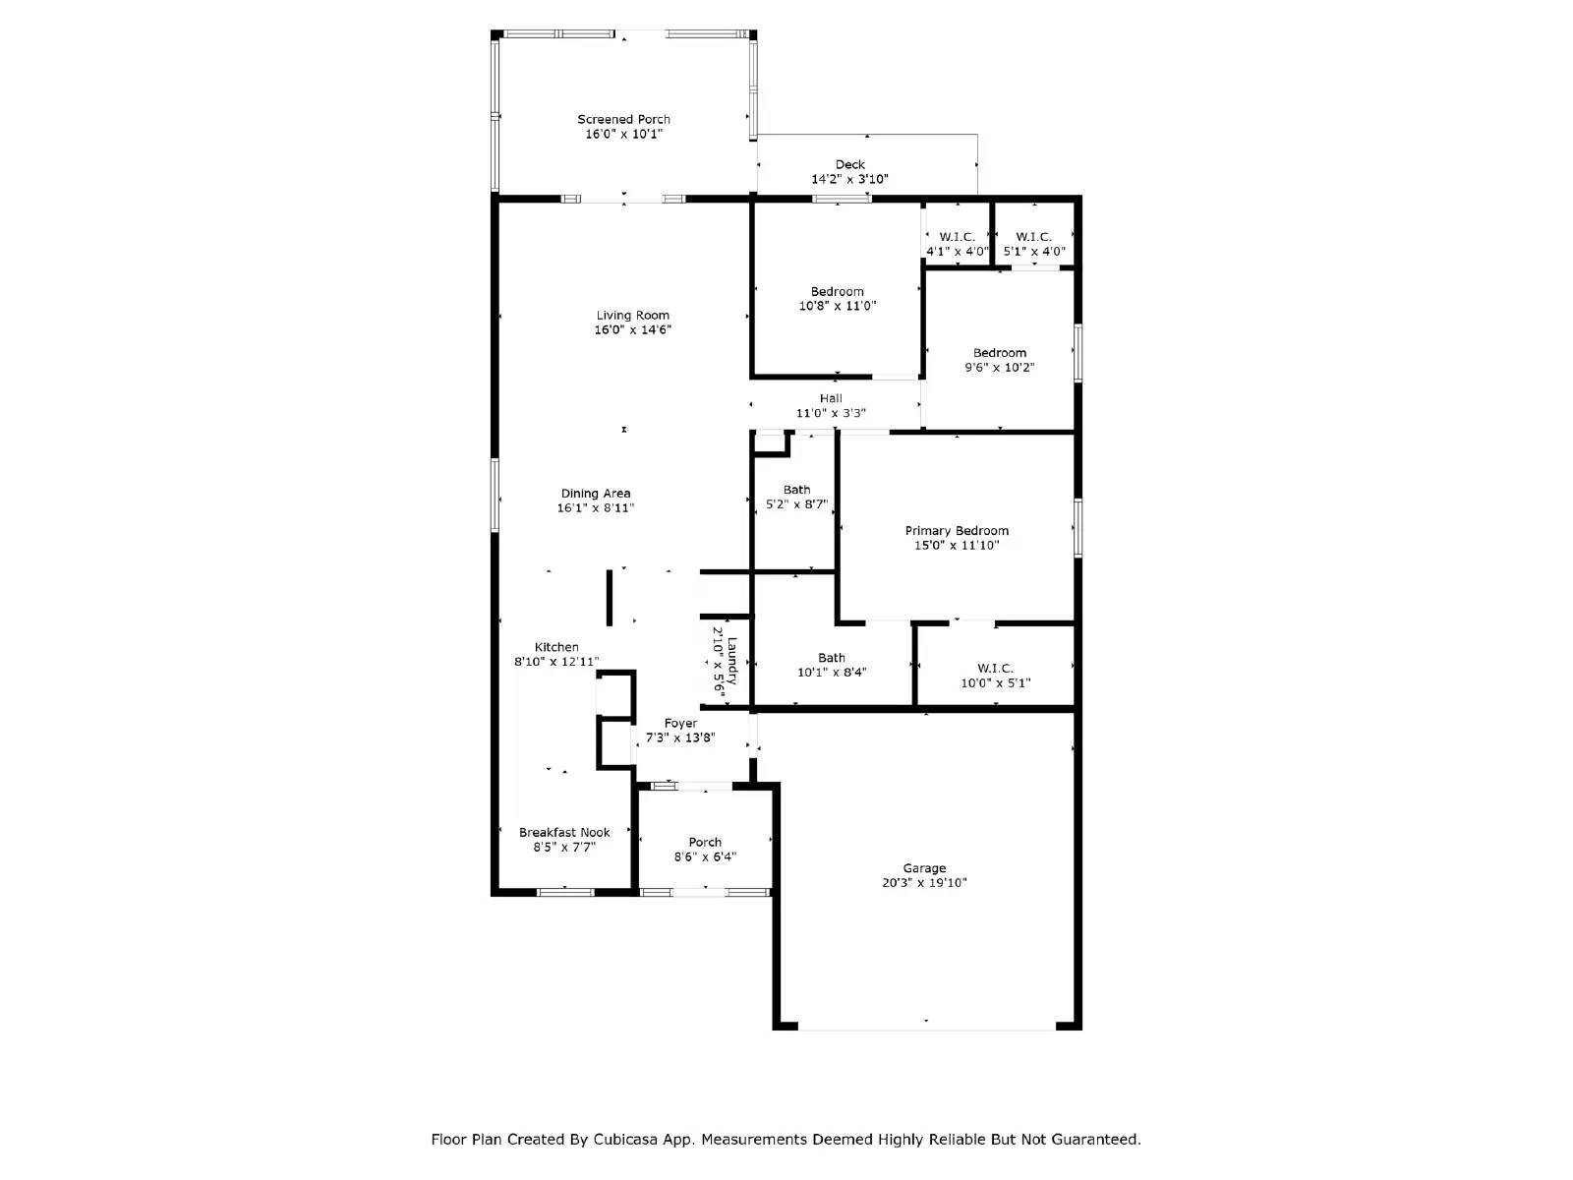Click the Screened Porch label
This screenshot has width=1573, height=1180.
tap(623, 120)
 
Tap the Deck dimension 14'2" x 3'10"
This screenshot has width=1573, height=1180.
tap(849, 179)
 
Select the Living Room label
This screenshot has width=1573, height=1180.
tap(632, 316)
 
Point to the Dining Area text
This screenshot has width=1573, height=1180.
tap(596, 494)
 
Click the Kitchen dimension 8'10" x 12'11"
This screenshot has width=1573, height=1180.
tap(556, 662)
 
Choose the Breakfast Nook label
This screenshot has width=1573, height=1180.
tap(564, 832)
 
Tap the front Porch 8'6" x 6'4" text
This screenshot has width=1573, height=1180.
tap(705, 850)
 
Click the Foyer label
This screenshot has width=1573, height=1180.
tap(680, 723)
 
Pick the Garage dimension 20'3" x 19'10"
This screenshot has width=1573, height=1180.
tap(924, 883)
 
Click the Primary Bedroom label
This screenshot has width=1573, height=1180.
tap(957, 531)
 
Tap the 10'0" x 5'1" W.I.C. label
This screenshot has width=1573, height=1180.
tap(995, 676)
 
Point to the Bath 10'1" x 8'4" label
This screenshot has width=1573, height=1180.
tap(832, 666)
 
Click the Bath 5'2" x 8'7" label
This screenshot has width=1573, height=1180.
tap(797, 497)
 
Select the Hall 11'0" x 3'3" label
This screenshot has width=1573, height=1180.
tap(831, 406)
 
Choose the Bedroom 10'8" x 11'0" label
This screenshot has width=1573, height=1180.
tap(838, 299)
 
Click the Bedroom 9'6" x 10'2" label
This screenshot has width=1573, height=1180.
tap(1000, 360)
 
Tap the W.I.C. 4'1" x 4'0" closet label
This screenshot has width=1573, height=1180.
tap(957, 244)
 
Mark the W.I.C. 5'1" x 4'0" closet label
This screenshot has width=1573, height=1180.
tap(1033, 244)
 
